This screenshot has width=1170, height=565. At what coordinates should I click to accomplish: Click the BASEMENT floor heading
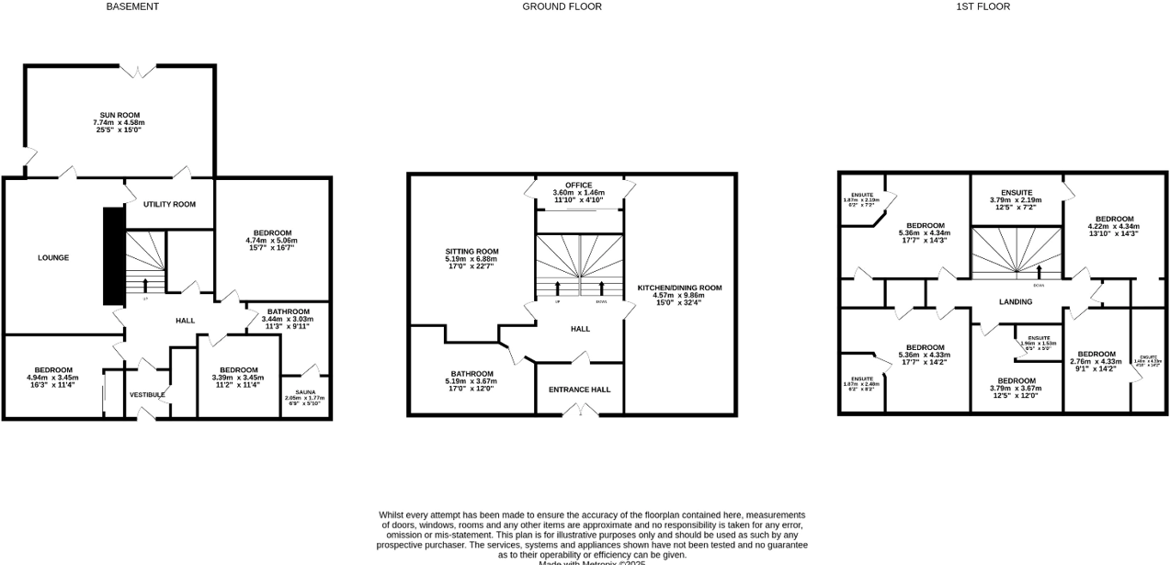pyautogui.click(x=132, y=6)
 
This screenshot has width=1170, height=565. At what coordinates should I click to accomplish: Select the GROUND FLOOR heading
pyautogui.click(x=562, y=6)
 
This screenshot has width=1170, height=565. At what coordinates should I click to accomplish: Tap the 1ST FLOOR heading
pyautogui.click(x=983, y=6)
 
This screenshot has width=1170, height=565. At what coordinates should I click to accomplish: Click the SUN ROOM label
pyautogui.click(x=119, y=115)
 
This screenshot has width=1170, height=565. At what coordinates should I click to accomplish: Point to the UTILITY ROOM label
pyautogui.click(x=169, y=204)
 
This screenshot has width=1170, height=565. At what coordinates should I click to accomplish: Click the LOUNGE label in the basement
pyautogui.click(x=53, y=258)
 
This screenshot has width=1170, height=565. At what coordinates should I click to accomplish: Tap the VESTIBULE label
pyautogui.click(x=147, y=395)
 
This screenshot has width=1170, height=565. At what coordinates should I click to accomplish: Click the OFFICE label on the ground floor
pyautogui.click(x=579, y=185)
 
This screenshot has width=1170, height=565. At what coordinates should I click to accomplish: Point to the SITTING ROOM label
pyautogui.click(x=471, y=252)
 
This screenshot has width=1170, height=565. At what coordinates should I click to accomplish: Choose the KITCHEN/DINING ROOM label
pyautogui.click(x=679, y=288)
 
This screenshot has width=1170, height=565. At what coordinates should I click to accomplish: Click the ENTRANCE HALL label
pyautogui.click(x=579, y=390)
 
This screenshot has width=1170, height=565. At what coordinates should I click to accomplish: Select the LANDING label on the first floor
pyautogui.click(x=1016, y=301)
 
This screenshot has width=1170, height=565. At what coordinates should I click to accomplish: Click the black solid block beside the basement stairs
pyautogui.click(x=113, y=255)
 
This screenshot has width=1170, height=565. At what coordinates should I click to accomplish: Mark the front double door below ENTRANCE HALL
pyautogui.click(x=579, y=412)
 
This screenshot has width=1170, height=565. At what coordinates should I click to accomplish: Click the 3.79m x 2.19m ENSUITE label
pyautogui.click(x=1016, y=192)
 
